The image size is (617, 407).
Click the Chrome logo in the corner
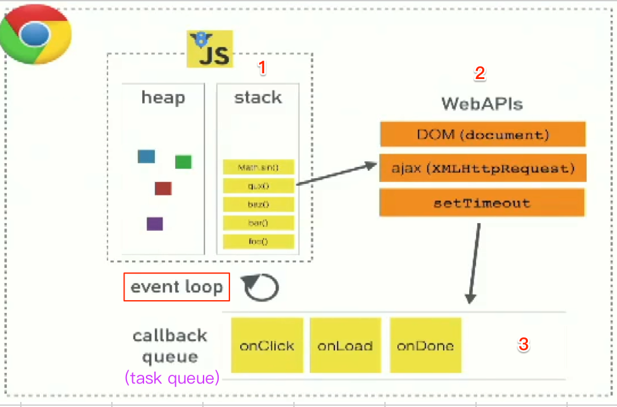[x=35, y=35]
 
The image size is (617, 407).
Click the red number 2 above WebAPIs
[x=480, y=73]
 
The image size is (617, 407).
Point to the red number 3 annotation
[x=523, y=344]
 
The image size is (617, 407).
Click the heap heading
[x=163, y=98]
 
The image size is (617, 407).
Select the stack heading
[x=258, y=98]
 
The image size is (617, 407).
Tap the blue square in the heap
[x=146, y=156]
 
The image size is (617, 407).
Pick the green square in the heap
[x=183, y=162]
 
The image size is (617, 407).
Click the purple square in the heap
[x=155, y=224]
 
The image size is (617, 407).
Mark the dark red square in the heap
[x=163, y=188]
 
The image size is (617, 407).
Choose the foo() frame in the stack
[x=258, y=241]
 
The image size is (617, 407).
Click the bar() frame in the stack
[x=258, y=223]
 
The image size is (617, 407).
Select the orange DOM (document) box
[x=482, y=135]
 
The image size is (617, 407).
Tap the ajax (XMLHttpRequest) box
[x=482, y=169]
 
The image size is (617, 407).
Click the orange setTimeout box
[x=482, y=203]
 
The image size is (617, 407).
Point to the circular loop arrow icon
[x=261, y=288]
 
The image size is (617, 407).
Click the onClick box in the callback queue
[x=267, y=346]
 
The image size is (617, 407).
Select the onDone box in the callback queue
[x=425, y=346]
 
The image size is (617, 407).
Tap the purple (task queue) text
[x=173, y=379]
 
